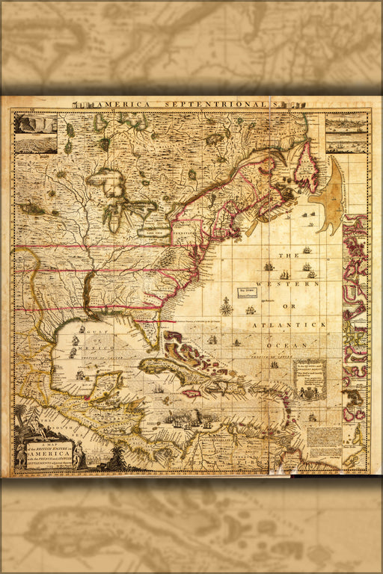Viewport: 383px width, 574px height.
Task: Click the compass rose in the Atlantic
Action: point(225,305)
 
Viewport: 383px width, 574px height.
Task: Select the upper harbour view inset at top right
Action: point(346,123)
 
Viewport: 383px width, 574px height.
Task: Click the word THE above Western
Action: point(288,256)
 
